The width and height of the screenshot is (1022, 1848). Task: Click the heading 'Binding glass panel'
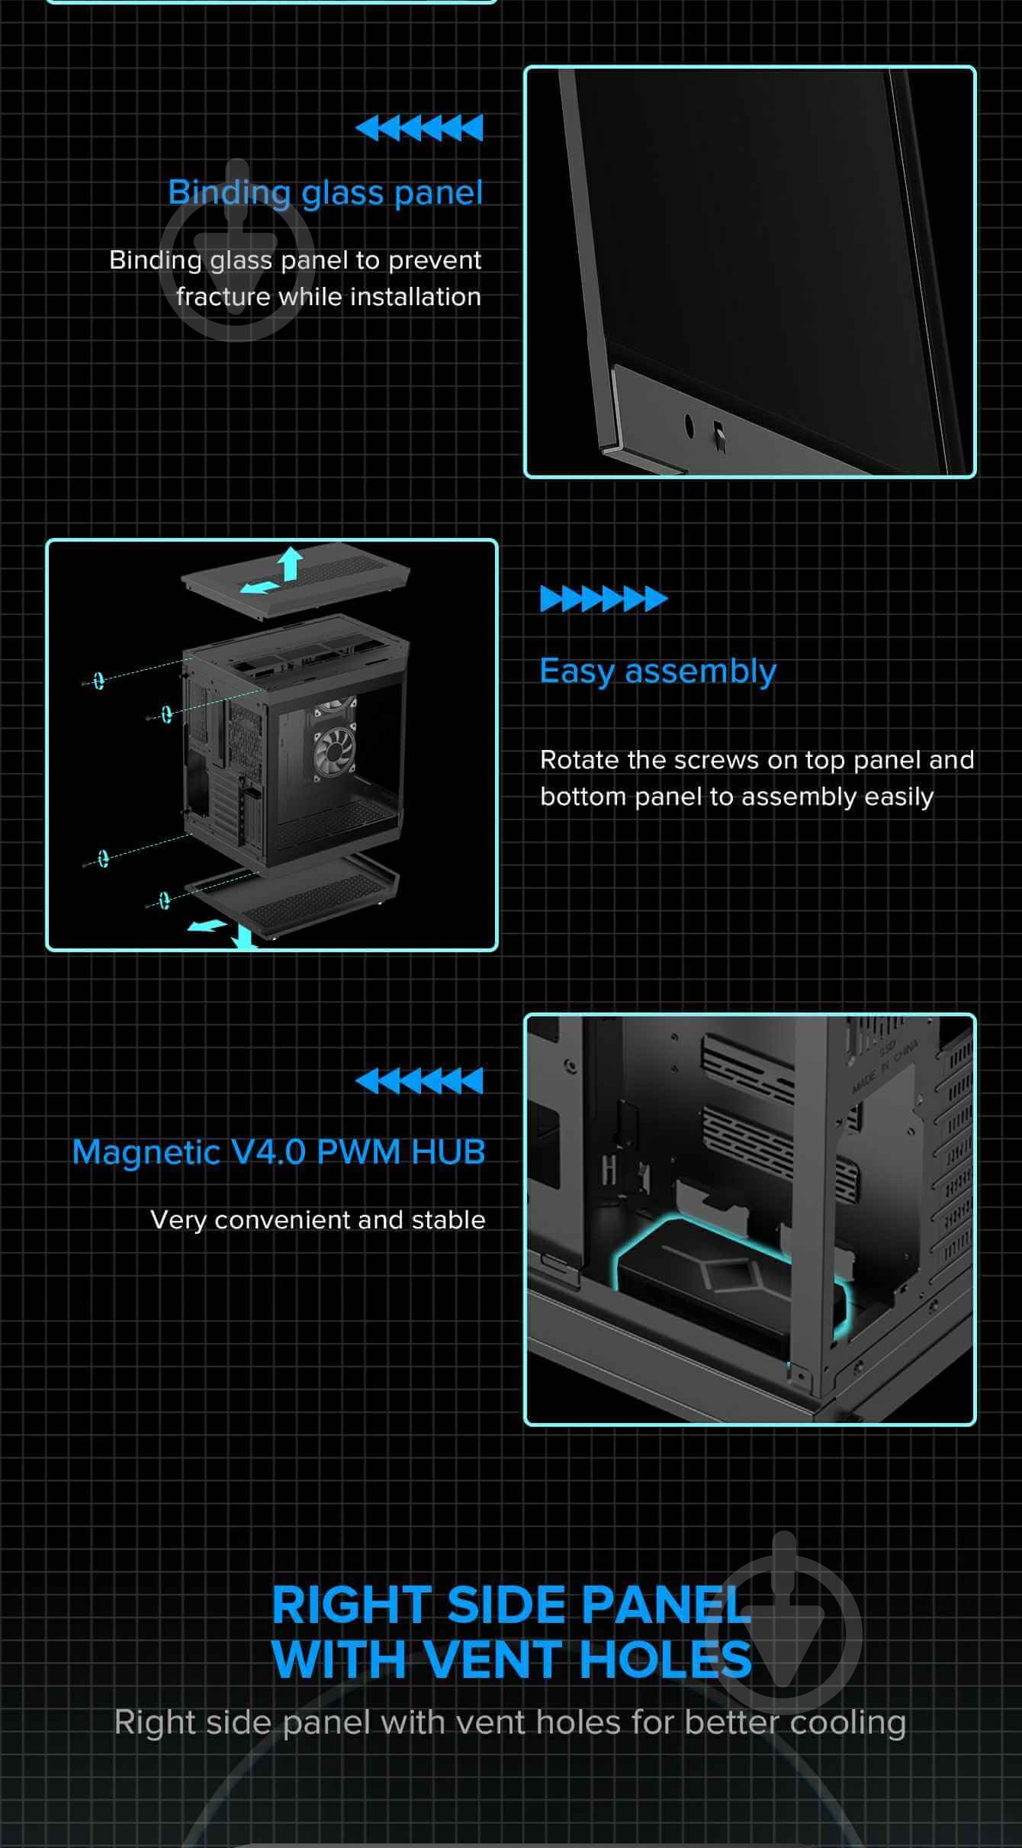pyautogui.click(x=325, y=193)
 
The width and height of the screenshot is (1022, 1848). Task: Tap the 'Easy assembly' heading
pyautogui.click(x=657, y=672)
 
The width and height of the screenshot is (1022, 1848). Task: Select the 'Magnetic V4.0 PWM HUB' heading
pyautogui.click(x=278, y=1152)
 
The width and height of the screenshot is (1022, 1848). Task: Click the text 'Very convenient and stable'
pyautogui.click(x=318, y=1220)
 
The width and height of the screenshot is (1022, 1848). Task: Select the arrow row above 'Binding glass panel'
pyautogui.click(x=419, y=128)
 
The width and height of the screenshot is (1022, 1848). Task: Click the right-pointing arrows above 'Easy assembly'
pyautogui.click(x=604, y=599)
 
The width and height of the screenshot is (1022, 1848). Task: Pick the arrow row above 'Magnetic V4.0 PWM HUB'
pyautogui.click(x=419, y=1080)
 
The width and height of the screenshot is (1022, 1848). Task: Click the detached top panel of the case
pyautogui.click(x=296, y=586)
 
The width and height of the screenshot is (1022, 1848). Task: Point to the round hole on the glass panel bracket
pyautogui.click(x=689, y=426)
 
